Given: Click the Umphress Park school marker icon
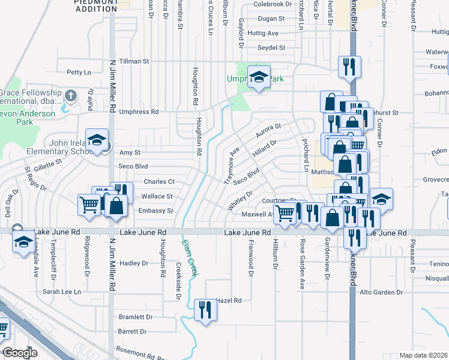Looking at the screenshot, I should click(x=259, y=77).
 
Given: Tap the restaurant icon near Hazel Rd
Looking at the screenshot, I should click(x=205, y=309).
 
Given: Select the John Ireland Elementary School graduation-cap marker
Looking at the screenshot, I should click(x=97, y=140).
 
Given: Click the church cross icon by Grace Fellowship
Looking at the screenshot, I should click(x=71, y=95).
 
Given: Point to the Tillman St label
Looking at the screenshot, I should click(x=134, y=61).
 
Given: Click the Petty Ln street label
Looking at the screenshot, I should click(x=79, y=73).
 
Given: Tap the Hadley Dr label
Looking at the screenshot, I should click(x=134, y=263).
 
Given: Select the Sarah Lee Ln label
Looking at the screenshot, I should click(x=61, y=292).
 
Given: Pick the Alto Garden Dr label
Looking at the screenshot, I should click(x=381, y=292).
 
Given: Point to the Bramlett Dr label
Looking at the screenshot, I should click(x=136, y=317).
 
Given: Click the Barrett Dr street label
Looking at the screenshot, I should click(x=133, y=331).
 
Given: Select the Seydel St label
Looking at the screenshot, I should click(x=271, y=47).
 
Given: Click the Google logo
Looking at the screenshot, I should click(x=20, y=353).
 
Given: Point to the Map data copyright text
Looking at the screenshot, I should click(x=424, y=355).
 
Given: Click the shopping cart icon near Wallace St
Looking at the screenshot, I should click(x=89, y=205).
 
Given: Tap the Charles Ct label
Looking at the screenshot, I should click(x=159, y=182).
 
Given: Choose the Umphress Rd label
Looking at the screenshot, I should click(x=139, y=112).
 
